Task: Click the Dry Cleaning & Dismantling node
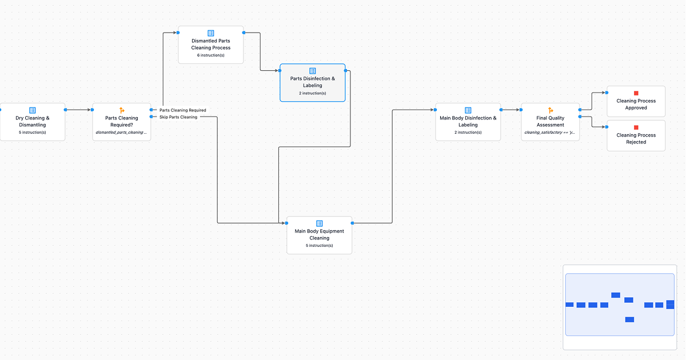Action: point(32,122)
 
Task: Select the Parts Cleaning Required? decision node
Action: point(121,122)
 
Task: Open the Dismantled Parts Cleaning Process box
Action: point(210,45)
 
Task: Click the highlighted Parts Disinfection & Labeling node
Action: point(312,82)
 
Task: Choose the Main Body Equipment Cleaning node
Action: point(319,235)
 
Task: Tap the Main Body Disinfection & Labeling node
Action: point(468,122)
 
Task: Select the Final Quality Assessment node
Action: point(551,122)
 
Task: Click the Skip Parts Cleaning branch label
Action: point(178,117)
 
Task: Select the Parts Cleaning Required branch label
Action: point(182,110)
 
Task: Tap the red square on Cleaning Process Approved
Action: point(636,93)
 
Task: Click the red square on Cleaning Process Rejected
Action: point(636,127)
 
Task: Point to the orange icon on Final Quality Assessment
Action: point(551,110)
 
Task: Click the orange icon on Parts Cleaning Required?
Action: point(121,110)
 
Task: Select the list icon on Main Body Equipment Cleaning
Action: point(319,223)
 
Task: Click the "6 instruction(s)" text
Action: point(210,55)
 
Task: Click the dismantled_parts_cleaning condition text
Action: point(121,133)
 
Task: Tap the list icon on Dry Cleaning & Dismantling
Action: point(32,110)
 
